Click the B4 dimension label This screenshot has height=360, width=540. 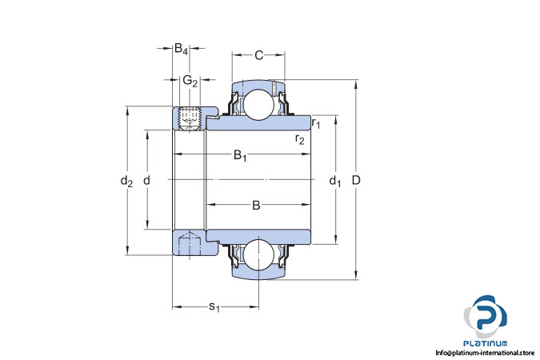point(181,49)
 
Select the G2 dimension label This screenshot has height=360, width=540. point(190,82)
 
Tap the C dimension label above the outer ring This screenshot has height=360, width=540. point(258,55)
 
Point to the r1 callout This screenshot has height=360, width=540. point(316,122)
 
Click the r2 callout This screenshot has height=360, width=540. point(300,139)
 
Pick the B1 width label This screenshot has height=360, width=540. point(240,155)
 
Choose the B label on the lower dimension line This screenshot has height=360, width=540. point(256,206)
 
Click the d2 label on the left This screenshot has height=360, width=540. point(126,181)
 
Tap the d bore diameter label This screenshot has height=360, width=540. point(146,180)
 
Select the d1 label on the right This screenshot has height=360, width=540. point(335,181)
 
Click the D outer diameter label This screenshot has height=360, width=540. point(356,180)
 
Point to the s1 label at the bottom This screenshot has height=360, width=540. point(214,307)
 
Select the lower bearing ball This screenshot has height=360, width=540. point(259,254)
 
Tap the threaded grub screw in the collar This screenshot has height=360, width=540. point(190,119)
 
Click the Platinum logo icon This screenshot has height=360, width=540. point(486,316)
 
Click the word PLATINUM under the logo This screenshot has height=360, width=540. point(486,343)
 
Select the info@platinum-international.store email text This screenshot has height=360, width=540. point(485,353)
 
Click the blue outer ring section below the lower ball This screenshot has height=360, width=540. point(258,274)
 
